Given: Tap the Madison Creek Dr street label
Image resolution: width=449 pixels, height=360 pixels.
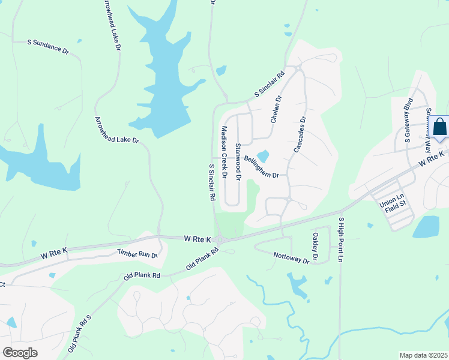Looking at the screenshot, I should [224, 152].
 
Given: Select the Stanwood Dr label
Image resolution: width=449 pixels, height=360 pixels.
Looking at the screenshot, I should [238, 163].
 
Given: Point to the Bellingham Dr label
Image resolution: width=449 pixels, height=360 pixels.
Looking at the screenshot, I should [262, 167].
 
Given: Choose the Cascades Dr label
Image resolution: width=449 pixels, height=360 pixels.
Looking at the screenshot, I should [299, 133].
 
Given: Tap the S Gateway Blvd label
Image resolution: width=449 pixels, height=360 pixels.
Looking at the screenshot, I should [408, 119].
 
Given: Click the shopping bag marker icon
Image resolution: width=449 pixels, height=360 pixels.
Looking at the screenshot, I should [440, 127].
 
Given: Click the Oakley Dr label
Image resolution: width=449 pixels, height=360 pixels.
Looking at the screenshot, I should [315, 243].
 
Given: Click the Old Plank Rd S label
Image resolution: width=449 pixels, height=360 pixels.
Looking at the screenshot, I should [79, 333].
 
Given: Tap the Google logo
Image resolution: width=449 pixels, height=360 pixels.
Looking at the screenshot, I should [20, 353].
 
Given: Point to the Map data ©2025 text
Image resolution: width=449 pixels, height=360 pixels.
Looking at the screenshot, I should [423, 355].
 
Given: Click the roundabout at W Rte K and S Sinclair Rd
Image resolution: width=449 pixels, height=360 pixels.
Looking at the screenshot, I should [220, 241].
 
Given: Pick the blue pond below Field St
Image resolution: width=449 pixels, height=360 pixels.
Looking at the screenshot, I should [427, 227].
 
